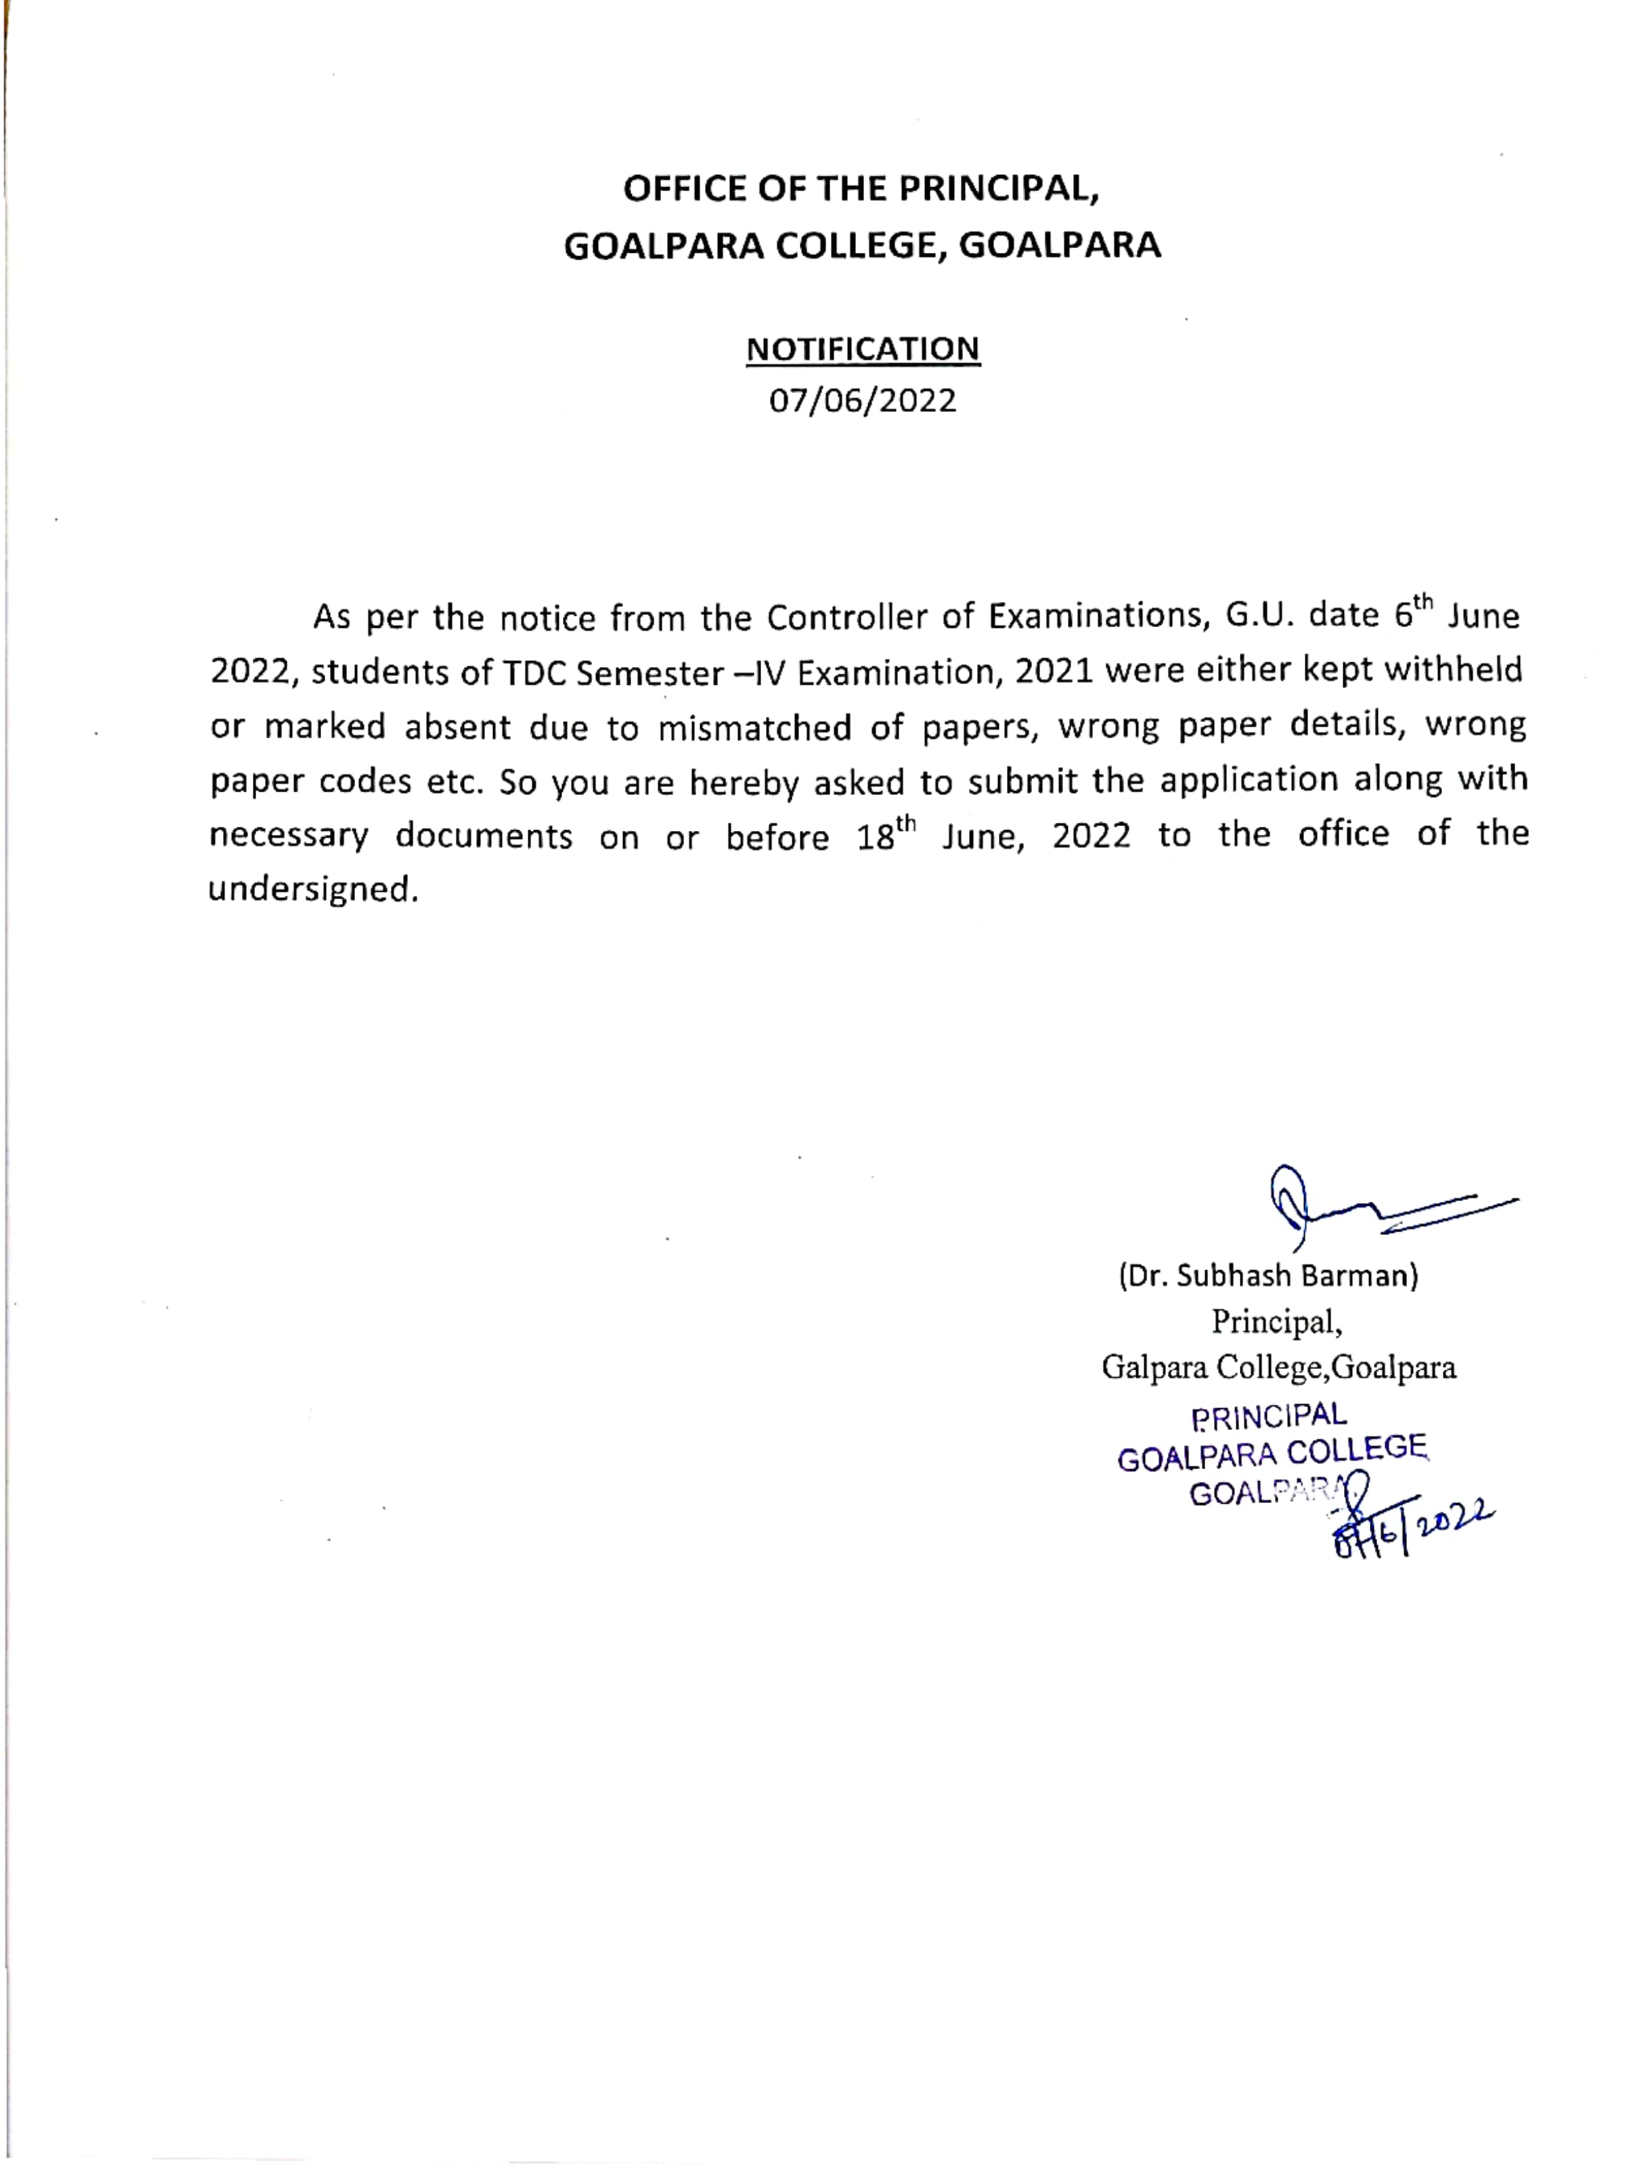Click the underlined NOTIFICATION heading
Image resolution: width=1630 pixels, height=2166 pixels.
point(862,350)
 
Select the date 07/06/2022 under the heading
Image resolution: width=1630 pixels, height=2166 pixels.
point(862,401)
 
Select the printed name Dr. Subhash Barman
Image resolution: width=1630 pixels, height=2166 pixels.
point(1268,1276)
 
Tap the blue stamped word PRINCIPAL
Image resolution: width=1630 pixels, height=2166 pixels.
point(1268,1416)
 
